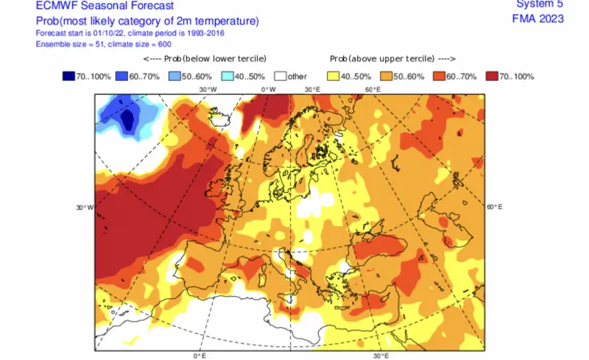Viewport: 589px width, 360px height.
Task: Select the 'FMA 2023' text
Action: [537, 18]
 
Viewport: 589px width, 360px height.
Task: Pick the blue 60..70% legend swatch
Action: [123, 76]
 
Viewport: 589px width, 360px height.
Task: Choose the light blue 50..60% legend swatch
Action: [176, 76]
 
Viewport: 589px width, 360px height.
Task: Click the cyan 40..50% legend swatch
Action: [229, 76]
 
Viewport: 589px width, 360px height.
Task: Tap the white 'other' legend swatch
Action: [281, 76]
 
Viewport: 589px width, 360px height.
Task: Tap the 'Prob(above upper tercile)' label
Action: [389, 58]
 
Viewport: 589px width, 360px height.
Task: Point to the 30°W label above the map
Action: [208, 89]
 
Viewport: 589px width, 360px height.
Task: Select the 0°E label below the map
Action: [199, 356]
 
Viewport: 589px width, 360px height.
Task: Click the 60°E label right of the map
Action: [495, 207]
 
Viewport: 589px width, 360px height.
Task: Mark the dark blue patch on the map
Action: [130, 119]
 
